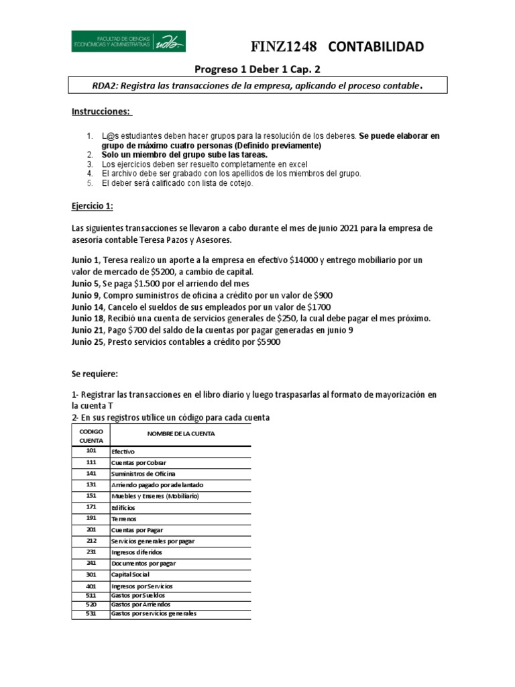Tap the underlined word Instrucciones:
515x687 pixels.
102,111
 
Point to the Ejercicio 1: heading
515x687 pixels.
93,207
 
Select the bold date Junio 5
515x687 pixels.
87,284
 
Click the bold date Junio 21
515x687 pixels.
89,331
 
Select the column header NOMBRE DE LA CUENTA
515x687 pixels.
181,433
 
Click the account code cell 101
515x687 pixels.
91,452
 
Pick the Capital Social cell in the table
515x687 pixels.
131,574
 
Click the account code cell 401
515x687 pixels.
91,586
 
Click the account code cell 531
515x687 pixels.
91,613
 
